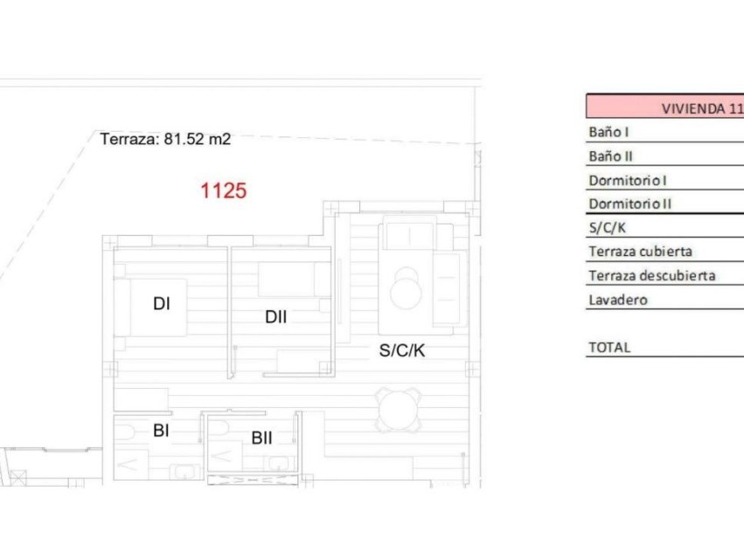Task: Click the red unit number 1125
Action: (x=224, y=190)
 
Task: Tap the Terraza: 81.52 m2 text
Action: (x=165, y=139)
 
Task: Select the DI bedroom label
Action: (x=161, y=304)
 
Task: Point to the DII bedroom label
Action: (x=275, y=317)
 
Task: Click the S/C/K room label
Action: (x=402, y=351)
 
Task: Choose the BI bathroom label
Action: (x=161, y=430)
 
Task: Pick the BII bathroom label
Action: (x=261, y=438)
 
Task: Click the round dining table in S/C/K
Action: (x=400, y=409)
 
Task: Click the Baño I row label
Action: (x=609, y=133)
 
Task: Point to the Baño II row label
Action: (x=611, y=156)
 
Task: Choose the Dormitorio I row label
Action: (x=628, y=181)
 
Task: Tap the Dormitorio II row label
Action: (x=629, y=204)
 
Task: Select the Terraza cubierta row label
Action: (x=640, y=252)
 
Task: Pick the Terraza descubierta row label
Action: (x=651, y=276)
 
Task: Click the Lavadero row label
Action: (x=618, y=300)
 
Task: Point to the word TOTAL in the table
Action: (x=609, y=347)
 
